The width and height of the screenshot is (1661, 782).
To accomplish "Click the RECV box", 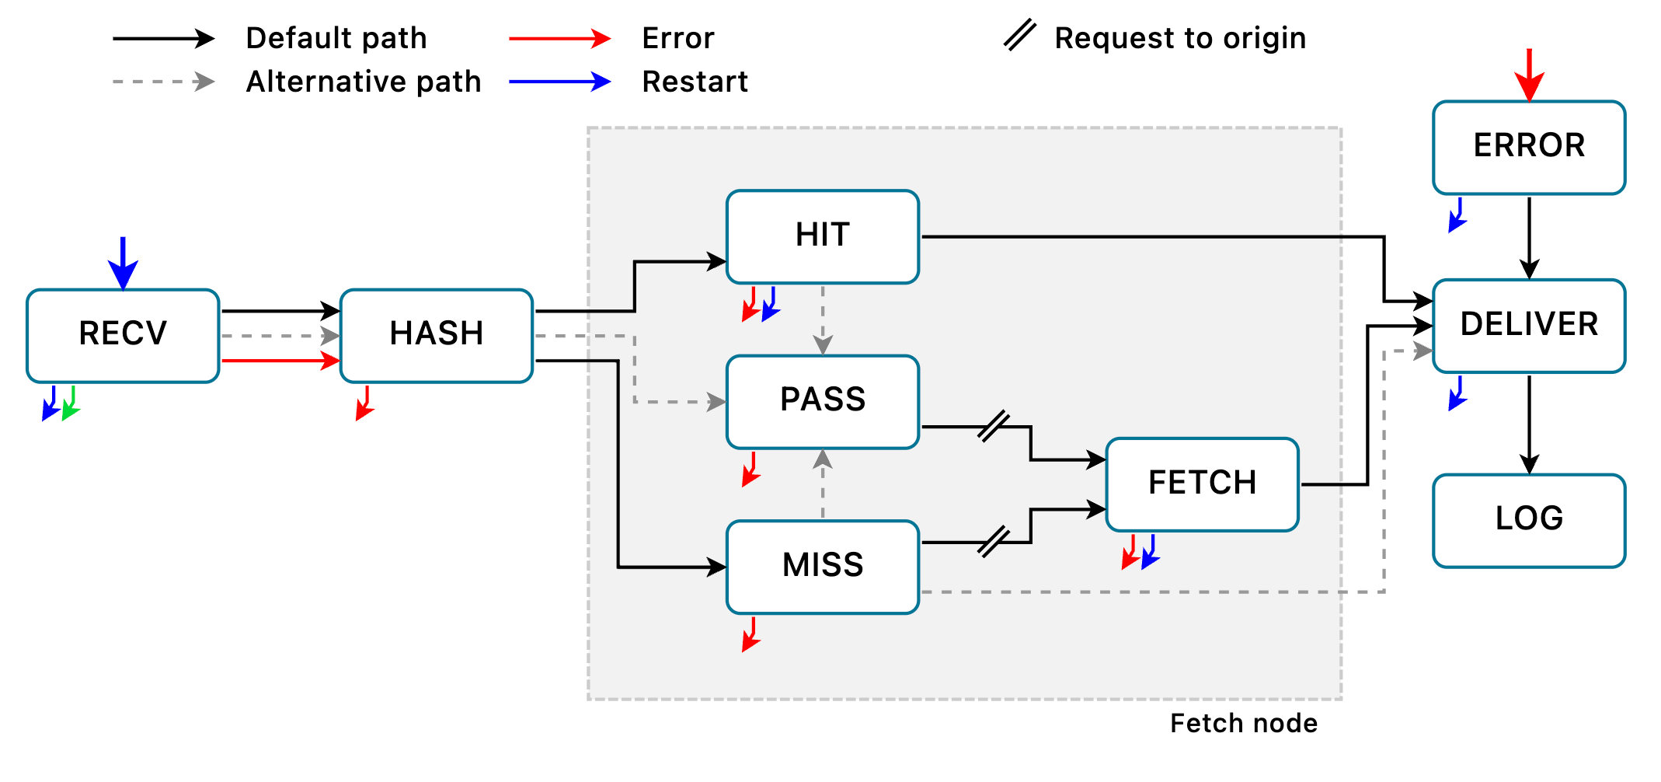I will (123, 335).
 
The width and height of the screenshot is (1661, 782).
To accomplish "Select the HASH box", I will (437, 335).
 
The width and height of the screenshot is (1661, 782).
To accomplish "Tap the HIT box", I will (823, 236).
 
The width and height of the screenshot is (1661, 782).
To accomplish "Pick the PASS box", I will (823, 401).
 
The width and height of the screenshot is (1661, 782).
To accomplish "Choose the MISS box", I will (823, 567).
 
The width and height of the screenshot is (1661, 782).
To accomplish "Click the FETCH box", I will (1202, 484).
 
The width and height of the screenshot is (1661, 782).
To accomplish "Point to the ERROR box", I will (1529, 147).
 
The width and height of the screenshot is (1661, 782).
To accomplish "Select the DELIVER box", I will (1529, 326).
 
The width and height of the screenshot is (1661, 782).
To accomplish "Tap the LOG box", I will (1529, 520).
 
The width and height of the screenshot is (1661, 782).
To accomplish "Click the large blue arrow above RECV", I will (123, 263).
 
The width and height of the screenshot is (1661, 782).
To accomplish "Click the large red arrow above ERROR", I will (1529, 75).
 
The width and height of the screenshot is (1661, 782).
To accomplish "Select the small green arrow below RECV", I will (71, 403).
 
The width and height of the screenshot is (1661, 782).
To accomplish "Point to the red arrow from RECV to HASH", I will (280, 361).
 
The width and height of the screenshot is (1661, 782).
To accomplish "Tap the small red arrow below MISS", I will (750, 634).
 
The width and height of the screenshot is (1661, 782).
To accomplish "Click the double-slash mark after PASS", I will (994, 426).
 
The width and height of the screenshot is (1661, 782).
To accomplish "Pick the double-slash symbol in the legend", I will (1019, 36).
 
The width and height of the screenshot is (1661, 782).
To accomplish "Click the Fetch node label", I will (1243, 724).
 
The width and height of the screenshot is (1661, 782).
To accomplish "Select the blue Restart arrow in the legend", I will (559, 81).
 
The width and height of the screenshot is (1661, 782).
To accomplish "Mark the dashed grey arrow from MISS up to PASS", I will (823, 484).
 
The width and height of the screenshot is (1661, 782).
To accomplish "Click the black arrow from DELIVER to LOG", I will (1529, 424).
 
